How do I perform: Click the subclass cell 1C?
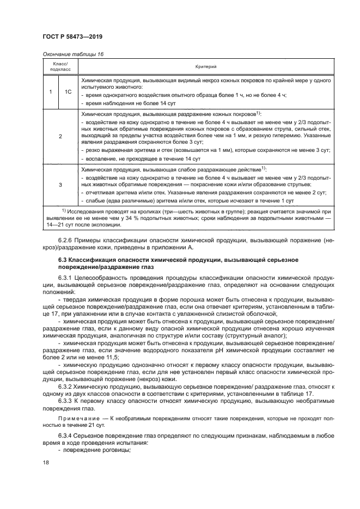[x=69, y=91]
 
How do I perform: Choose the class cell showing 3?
[x=59, y=185]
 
